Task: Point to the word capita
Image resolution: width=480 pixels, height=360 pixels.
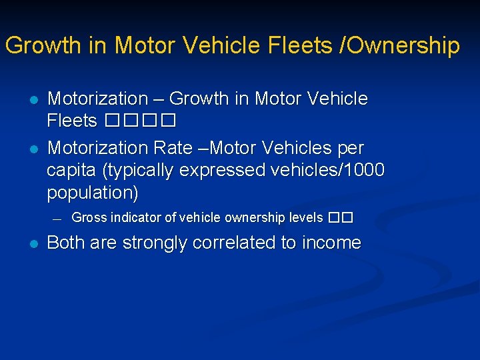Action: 73,170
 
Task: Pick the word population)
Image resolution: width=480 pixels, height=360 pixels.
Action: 93,193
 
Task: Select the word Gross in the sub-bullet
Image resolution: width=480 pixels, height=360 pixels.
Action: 89,217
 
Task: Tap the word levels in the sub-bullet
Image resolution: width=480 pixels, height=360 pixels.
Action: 305,217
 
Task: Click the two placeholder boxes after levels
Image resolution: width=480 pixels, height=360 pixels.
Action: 339,217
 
